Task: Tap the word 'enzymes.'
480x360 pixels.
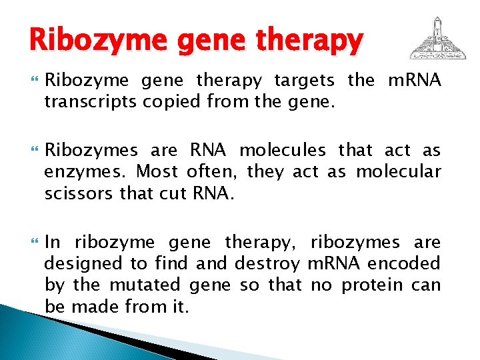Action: [84, 172]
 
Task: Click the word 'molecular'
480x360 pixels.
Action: [399, 172]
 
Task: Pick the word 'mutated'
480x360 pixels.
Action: [145, 285]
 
